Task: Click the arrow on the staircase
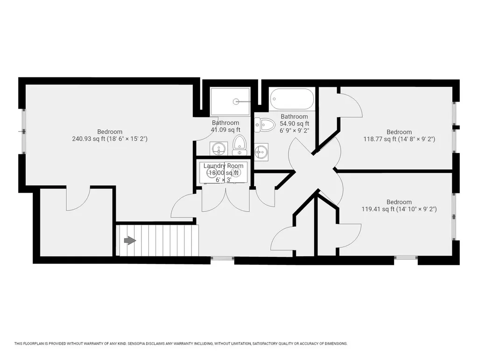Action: click(129, 240)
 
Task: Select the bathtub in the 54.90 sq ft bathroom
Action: click(291, 99)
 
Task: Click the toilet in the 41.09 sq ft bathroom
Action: click(239, 145)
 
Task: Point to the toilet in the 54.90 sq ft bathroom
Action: click(266, 124)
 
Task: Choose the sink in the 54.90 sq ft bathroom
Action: click(261, 151)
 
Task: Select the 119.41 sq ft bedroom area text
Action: click(378, 209)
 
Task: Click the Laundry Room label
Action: click(223, 166)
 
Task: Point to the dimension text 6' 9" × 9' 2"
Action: click(294, 131)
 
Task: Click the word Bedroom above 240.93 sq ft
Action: click(110, 132)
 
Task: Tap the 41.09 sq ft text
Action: click(226, 130)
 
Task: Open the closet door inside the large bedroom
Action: click(78, 200)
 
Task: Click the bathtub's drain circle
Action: click(275, 99)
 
